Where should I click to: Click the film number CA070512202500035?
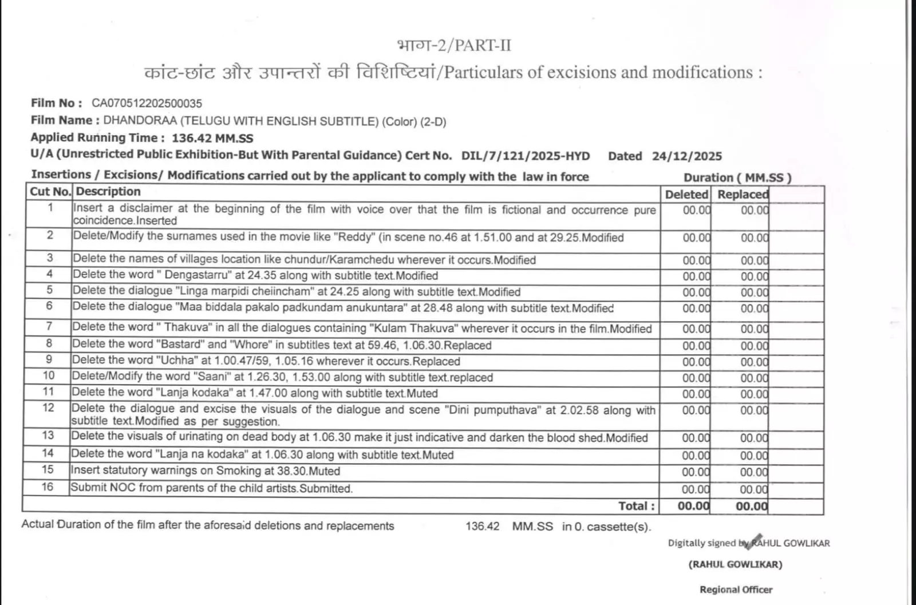[147, 104]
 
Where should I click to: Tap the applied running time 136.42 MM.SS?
[212, 138]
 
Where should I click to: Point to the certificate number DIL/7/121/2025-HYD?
[525, 156]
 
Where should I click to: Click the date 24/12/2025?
[686, 156]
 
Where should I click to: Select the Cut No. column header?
[50, 192]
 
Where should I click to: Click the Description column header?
[108, 192]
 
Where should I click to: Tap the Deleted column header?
[686, 195]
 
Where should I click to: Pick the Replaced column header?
[743, 195]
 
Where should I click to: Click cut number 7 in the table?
[49, 327]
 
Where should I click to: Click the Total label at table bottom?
[636, 506]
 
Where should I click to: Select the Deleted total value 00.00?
[693, 506]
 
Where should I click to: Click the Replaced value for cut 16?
[753, 489]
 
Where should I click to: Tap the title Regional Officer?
[736, 590]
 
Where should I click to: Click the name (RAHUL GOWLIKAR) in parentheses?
[735, 564]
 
